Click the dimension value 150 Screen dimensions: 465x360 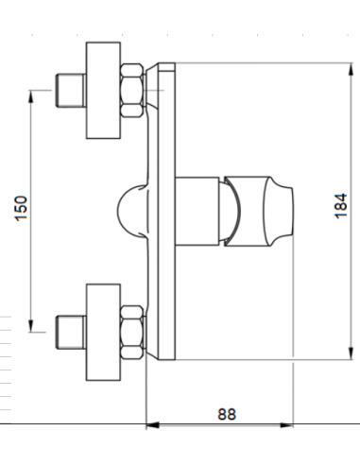(x=22, y=210)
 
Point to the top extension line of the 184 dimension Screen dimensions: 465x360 (x=265, y=63)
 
